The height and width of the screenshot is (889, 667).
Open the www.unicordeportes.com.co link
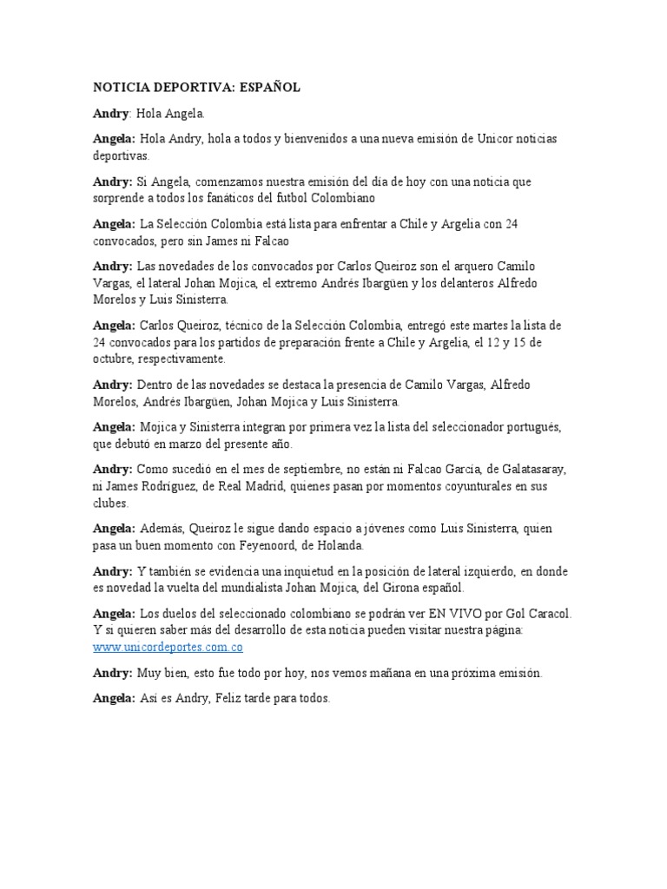click(168, 647)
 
